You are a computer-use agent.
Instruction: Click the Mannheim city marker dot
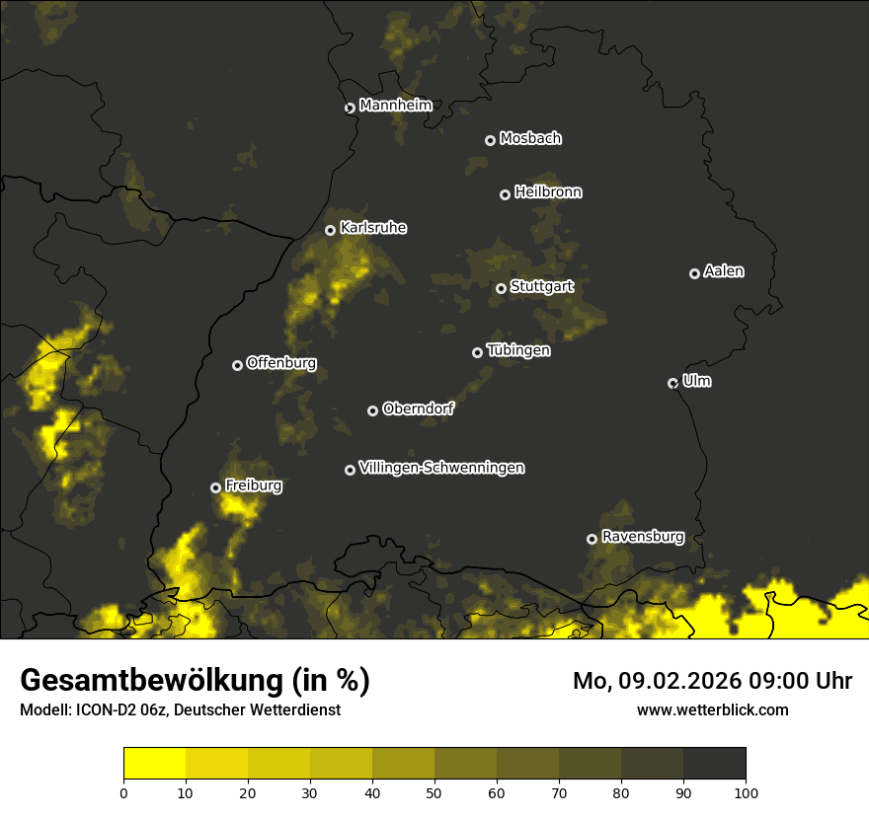350,109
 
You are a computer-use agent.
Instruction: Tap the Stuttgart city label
541,287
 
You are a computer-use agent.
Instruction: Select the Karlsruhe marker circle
331,231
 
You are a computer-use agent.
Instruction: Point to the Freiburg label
253,485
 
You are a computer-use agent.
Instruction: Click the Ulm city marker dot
672,383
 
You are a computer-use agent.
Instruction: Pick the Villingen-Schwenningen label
441,468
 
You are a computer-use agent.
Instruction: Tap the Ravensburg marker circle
592,539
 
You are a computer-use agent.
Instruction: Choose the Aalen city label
724,271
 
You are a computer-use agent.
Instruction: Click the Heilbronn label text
548,192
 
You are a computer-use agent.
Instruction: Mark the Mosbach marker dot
490,140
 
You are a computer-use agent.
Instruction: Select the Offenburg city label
281,363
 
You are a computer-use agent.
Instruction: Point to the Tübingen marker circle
478,352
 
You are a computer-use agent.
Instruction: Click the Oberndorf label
418,409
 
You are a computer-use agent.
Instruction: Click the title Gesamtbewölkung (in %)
195,681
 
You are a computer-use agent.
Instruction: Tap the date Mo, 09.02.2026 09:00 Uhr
712,681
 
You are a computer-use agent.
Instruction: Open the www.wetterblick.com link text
712,709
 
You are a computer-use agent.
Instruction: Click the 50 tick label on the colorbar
434,792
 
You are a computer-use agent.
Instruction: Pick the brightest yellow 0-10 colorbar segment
155,764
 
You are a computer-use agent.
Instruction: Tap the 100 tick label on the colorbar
745,792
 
